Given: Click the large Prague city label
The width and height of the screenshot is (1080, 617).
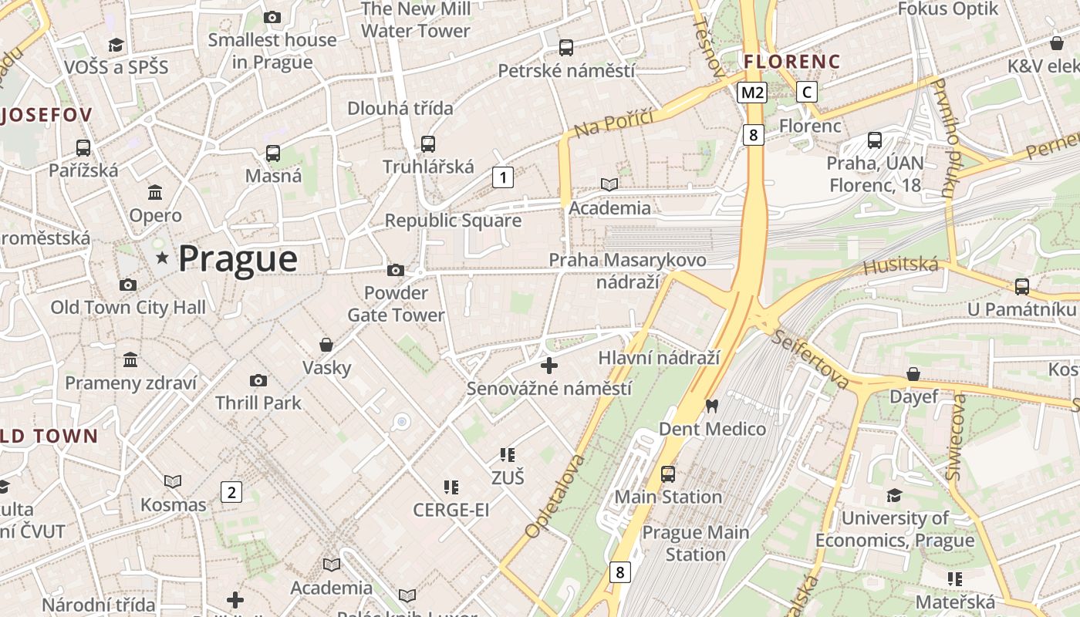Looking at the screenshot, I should (238, 259).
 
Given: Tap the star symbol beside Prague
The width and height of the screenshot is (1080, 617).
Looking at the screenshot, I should (162, 258).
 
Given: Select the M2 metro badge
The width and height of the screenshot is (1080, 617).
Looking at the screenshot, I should (751, 93).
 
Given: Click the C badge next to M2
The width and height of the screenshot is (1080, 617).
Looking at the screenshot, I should (807, 93).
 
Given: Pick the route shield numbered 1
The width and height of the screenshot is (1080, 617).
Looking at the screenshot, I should (503, 178).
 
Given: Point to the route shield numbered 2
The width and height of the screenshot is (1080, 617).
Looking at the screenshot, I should (231, 492).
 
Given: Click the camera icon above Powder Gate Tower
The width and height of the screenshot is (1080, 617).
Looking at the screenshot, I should (396, 270).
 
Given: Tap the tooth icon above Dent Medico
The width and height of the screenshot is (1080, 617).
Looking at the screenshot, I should (712, 406).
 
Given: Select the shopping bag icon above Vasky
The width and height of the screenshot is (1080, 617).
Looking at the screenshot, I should (326, 345).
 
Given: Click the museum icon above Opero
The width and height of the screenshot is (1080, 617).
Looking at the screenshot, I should (155, 192).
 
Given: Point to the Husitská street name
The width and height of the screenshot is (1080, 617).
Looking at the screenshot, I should (901, 267).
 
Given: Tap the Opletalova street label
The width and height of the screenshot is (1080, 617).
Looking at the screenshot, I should (554, 496).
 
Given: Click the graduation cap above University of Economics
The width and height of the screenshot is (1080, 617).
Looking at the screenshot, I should (894, 495).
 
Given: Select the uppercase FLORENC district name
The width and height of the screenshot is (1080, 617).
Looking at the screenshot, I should (791, 60).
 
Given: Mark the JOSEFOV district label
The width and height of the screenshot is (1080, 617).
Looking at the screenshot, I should (46, 116).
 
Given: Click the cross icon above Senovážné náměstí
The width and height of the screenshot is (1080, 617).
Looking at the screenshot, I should (549, 366).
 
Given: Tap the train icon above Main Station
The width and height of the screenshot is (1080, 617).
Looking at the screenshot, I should (668, 474).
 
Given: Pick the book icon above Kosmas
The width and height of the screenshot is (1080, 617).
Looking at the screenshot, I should (173, 482).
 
